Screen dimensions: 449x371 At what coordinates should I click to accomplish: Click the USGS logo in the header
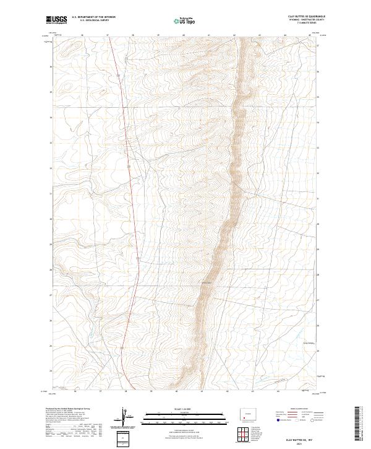(57, 20)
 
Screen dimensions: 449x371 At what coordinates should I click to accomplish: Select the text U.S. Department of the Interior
(93, 17)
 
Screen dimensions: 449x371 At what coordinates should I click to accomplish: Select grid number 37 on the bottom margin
(100, 391)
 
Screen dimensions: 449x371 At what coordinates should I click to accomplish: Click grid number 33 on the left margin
(50, 142)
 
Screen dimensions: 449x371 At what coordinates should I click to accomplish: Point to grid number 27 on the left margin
(50, 295)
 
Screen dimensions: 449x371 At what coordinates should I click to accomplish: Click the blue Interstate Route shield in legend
(278, 420)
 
